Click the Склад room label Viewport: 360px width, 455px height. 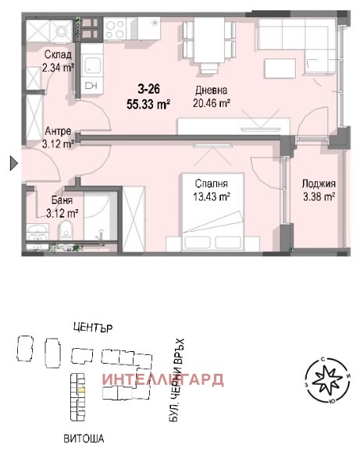tap(59, 55)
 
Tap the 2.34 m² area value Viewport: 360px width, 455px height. tap(59, 68)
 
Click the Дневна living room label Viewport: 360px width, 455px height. tap(212, 89)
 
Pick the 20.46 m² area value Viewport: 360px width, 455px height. tap(212, 102)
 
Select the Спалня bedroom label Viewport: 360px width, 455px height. tap(213, 184)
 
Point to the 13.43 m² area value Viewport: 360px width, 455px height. tap(213, 197)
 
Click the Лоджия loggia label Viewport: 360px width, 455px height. tap(319, 184)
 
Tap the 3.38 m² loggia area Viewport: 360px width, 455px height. tap(319, 197)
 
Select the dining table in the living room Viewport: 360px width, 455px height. tap(209, 39)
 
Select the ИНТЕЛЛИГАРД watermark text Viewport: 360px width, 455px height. tap(162, 380)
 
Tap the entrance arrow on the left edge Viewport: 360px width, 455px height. tap(12, 163)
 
